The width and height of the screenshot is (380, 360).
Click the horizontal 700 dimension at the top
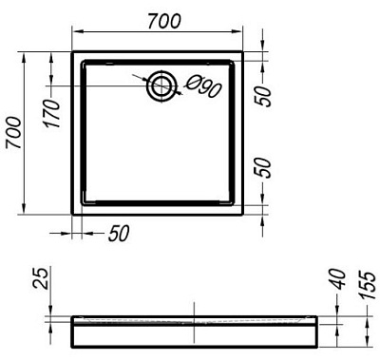pos(164,21)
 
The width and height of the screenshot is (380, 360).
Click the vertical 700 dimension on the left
pos(14,133)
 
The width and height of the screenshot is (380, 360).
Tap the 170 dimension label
pos(52,113)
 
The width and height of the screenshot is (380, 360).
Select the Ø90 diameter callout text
pos(203,86)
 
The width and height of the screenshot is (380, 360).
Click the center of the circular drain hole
pos(161,85)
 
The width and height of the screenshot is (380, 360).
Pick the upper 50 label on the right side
pos(263,96)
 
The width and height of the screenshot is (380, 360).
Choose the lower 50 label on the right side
pos(263,168)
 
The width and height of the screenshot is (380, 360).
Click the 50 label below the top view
pos(119,234)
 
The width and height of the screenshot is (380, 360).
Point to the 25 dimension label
pos(41,277)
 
